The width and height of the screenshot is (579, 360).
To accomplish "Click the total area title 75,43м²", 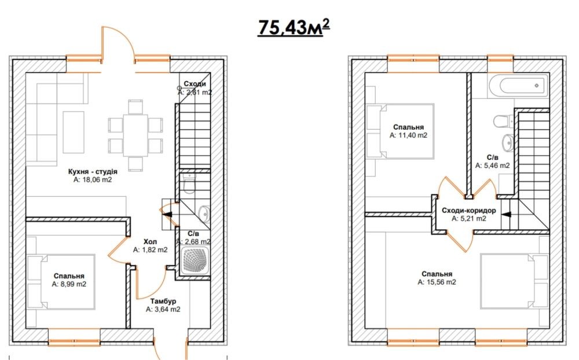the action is [x=294, y=28].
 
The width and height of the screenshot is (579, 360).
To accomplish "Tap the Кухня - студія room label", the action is [x=93, y=172].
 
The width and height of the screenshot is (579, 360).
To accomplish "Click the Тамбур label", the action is [x=163, y=302].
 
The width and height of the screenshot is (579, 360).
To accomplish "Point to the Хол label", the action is [x=151, y=241].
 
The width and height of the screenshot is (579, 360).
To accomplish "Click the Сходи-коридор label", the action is [x=469, y=211].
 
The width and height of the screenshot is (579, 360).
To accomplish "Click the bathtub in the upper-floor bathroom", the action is [x=518, y=86].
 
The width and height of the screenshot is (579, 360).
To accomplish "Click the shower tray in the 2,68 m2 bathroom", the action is [x=195, y=260].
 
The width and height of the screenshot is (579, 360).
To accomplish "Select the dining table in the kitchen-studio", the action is [x=135, y=135].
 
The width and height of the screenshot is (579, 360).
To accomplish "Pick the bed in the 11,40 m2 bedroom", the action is [x=400, y=131].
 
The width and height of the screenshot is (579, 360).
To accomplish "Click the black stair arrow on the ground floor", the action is [x=167, y=214].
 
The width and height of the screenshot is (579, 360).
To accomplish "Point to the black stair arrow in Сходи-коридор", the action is [x=507, y=214].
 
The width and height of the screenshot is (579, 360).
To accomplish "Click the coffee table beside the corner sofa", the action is [x=74, y=132].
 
